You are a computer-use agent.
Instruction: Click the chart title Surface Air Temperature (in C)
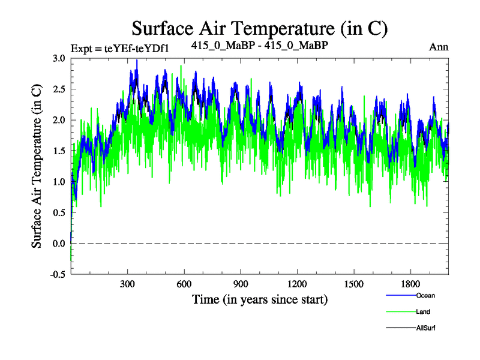[x=259, y=28]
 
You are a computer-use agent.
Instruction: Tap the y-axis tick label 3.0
[x=59, y=58]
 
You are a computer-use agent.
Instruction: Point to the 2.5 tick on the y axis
[x=59, y=89]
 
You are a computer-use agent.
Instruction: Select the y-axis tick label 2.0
[x=59, y=120]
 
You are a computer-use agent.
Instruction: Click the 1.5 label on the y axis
[x=59, y=151]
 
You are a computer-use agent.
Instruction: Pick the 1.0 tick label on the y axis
[x=59, y=182]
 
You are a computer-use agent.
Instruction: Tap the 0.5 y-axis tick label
[x=59, y=212]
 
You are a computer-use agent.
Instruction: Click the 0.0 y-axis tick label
[x=59, y=244]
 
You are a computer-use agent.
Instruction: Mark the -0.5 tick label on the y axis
[x=57, y=274]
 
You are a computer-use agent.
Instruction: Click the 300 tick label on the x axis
[x=128, y=284]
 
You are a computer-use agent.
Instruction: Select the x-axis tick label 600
[x=184, y=284]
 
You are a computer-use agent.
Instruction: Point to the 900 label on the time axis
[x=241, y=284]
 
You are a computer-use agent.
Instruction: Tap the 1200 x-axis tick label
[x=297, y=284]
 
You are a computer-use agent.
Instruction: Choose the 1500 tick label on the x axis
[x=353, y=284]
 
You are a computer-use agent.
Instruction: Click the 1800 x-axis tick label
[x=410, y=284]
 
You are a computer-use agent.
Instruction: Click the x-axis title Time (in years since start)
[x=259, y=299]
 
